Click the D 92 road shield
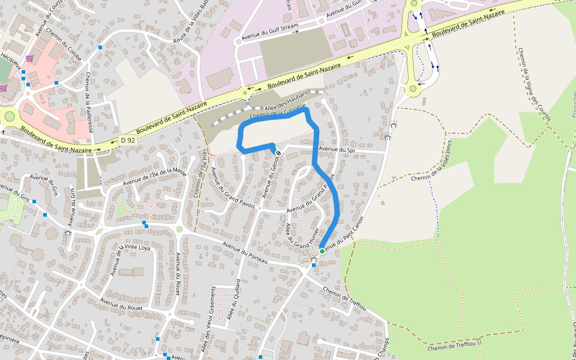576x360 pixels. coord(127,140)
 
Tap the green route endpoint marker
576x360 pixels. coord(322,251)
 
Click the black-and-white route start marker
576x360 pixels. coord(278,152)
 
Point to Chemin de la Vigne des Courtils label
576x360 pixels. coord(534,84)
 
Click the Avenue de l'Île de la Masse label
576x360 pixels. coord(155,176)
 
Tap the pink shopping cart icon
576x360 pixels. coord(29,59)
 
